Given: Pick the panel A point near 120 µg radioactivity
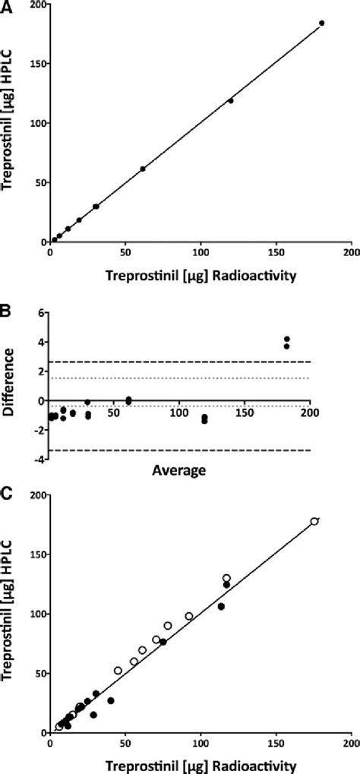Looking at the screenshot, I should [x=231, y=100].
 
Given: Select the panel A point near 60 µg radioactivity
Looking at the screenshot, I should [x=143, y=169].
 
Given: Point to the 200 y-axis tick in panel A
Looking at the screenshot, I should [x=34, y=5].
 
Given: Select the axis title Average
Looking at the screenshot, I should [x=181, y=470].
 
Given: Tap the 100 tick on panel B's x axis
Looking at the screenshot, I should [x=178, y=414].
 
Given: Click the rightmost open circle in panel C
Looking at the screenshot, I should [x=314, y=521].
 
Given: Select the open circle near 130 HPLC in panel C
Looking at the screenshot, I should [x=226, y=578].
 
